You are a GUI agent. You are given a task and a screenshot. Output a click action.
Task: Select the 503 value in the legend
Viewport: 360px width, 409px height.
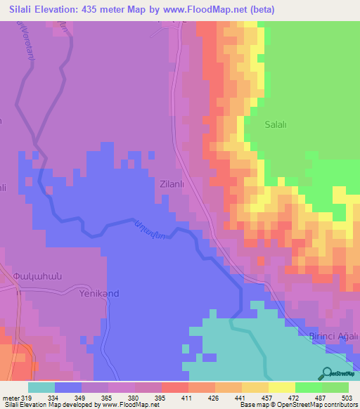point(348,397)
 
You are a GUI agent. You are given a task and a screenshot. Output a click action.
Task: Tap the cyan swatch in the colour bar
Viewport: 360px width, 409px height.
point(41,387)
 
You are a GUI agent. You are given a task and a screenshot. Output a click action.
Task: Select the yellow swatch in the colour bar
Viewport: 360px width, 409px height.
point(282,387)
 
